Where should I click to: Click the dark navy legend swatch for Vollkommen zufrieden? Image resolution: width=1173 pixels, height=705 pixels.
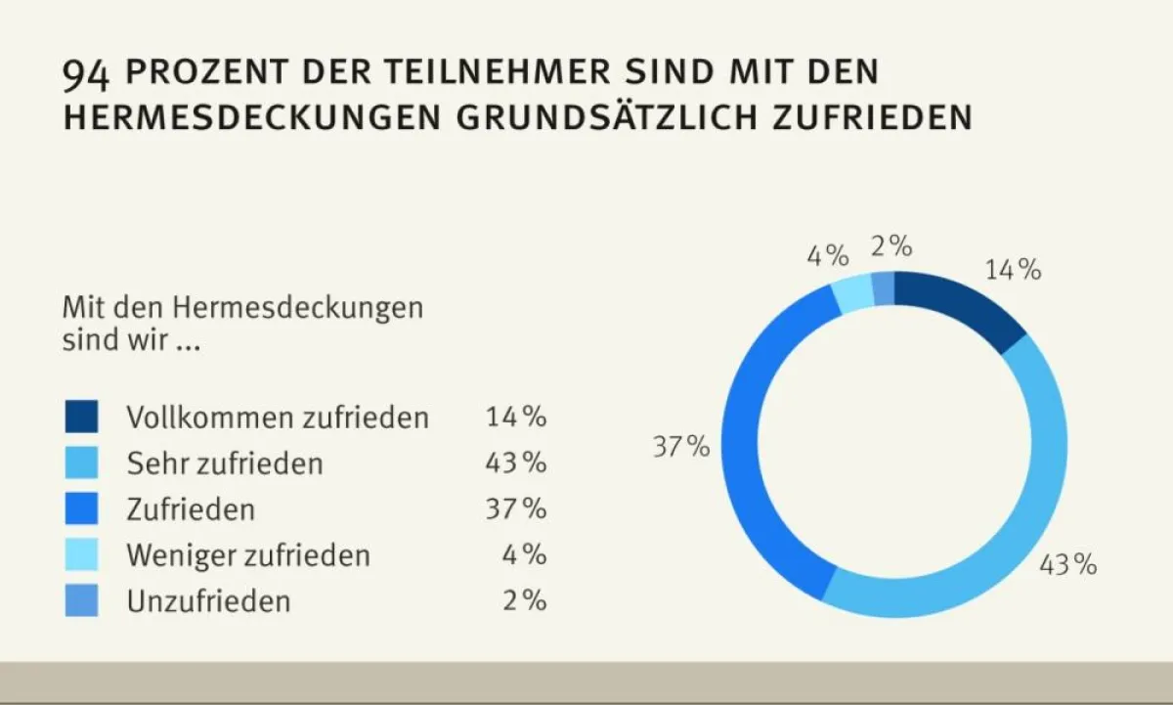click(x=82, y=417)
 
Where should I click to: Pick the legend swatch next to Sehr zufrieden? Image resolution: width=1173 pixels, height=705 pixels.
click(x=82, y=463)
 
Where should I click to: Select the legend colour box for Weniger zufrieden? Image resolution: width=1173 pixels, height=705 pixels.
click(x=82, y=555)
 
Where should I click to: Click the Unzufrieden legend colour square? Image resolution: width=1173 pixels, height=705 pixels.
click(x=82, y=600)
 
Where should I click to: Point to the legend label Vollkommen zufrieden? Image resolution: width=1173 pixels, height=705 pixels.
click(x=278, y=418)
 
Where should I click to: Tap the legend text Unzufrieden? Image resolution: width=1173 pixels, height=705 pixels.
click(x=208, y=601)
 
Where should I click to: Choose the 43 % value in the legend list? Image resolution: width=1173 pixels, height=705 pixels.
click(x=515, y=463)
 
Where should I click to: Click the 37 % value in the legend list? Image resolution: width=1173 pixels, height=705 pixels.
click(x=515, y=508)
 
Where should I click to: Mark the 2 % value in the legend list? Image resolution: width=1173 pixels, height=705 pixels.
click(x=524, y=600)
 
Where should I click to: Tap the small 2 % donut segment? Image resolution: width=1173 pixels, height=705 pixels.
click(x=883, y=287)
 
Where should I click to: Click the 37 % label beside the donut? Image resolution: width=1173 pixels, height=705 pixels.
click(x=681, y=448)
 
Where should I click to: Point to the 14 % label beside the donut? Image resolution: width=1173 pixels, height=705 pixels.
click(x=1013, y=270)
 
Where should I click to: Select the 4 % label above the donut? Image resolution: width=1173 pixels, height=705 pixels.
click(x=827, y=256)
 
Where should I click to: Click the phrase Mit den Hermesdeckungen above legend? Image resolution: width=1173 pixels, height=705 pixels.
click(x=242, y=307)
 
